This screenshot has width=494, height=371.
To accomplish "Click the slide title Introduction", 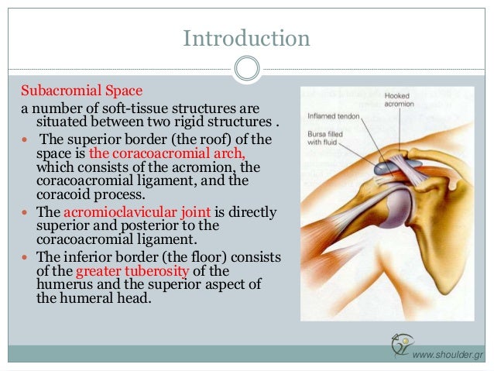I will [x=246, y=37].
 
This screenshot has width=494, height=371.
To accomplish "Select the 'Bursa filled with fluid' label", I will [x=324, y=138].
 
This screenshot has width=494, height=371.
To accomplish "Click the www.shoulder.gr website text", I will [x=448, y=354].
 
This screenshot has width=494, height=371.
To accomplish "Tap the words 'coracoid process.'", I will [x=86, y=194].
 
